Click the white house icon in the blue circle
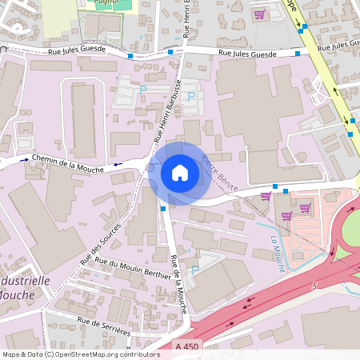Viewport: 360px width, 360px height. click(x=180, y=172)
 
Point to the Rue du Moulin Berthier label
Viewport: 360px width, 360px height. click(x=133, y=268)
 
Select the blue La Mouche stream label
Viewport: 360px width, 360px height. click(x=277, y=247)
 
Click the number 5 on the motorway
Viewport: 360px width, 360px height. click(x=317, y=284)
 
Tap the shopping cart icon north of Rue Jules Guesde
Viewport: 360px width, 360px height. click(x=259, y=14)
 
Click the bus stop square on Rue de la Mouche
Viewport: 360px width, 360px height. click(x=163, y=208)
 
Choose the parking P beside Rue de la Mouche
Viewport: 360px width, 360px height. click(x=195, y=270)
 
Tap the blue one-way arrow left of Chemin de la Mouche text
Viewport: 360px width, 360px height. click(x=23, y=159)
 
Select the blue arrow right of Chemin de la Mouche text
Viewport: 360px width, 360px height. click(x=119, y=164)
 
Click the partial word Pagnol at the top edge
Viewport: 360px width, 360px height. click(x=106, y=3)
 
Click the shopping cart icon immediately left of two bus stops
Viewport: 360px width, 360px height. click(x=266, y=195)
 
